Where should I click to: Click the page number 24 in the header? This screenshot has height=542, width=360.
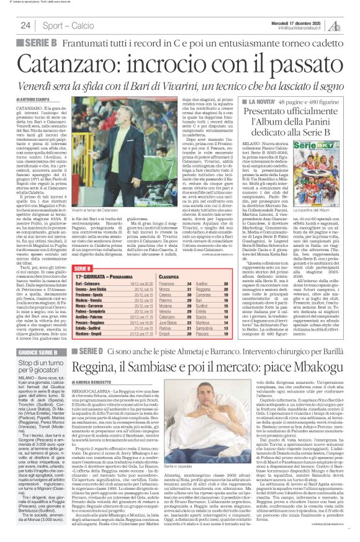(x=25, y=25)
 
